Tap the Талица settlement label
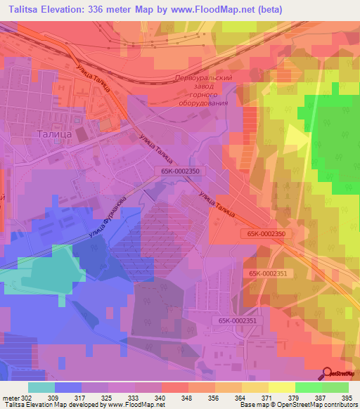pyautogui.click(x=54, y=133)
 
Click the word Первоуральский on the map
pyautogui.click(x=203, y=79)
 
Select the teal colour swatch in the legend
pyautogui.click(x=41, y=387)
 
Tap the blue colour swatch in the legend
pyautogui.click(x=68, y=387)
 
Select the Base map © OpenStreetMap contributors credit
pyautogui.click(x=297, y=405)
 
